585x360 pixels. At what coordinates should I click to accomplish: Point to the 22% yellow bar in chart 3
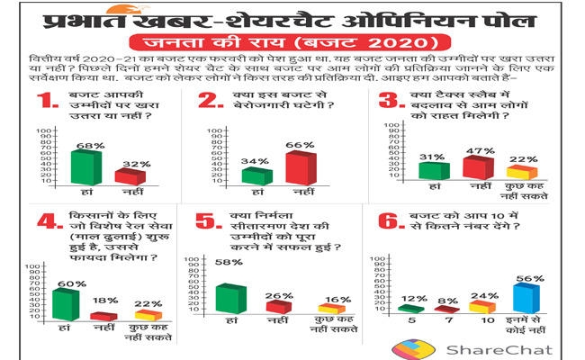(522, 171)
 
